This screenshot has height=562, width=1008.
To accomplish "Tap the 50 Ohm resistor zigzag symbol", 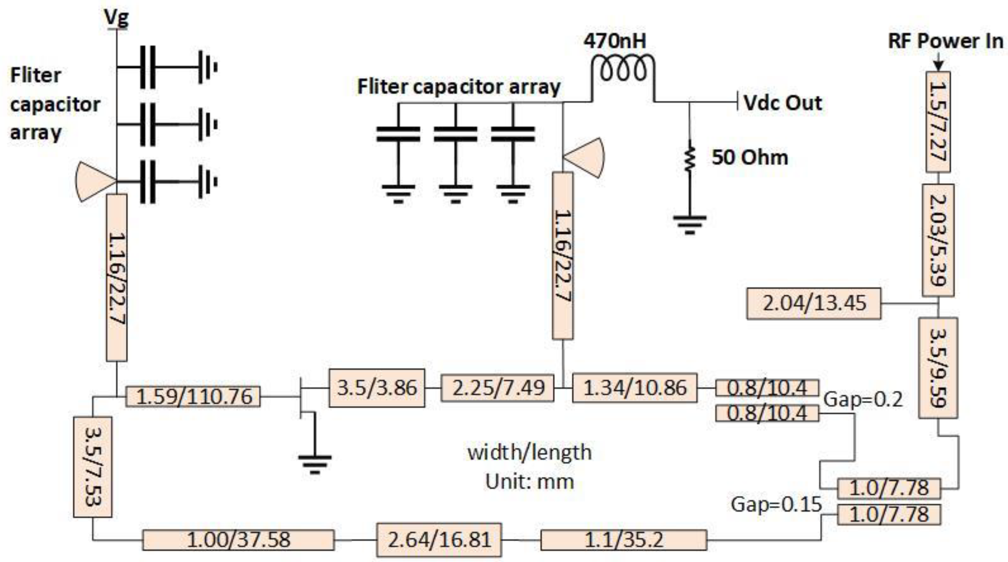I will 689,158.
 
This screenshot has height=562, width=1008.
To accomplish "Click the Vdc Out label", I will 782,103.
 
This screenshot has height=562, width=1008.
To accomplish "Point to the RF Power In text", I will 945,41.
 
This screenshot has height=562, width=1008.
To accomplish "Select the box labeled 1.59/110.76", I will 193,397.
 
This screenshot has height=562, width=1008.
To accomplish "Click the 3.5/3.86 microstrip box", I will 376,388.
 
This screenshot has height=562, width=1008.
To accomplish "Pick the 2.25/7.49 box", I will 497,388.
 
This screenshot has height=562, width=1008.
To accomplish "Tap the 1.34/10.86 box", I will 634,388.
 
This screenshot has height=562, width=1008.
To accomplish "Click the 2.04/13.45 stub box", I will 814,304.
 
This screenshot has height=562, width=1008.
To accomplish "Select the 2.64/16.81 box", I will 439,540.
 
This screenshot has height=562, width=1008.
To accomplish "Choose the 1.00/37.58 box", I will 238,540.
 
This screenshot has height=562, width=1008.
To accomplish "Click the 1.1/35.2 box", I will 623,540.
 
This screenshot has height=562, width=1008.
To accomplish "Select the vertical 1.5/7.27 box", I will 938,122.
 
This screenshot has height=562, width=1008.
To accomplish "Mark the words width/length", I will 529,453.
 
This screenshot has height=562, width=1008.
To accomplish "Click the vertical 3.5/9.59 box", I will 938,368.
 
